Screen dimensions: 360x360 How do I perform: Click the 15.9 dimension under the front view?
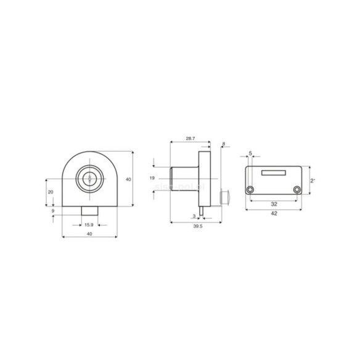(89, 225)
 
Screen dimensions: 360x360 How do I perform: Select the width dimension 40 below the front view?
(89, 235)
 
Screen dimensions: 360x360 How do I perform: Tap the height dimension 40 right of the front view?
(128, 179)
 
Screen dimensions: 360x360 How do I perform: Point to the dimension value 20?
(51, 192)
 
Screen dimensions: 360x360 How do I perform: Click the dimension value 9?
(54, 211)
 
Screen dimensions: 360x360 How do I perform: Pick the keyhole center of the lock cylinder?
(89, 179)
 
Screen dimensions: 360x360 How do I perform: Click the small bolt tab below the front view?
(89, 211)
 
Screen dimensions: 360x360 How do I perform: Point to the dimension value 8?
(223, 144)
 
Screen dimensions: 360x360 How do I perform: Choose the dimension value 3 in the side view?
(194, 216)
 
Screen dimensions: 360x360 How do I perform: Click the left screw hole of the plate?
(250, 189)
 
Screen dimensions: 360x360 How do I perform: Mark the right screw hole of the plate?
(297, 189)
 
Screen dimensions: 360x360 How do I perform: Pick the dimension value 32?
(274, 202)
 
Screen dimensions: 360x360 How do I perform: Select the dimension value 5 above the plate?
(250, 152)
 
